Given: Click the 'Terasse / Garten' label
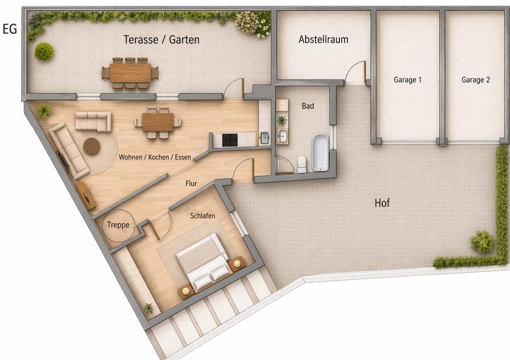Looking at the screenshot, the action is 161,40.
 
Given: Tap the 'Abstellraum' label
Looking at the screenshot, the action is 324,39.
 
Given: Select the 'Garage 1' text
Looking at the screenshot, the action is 407,80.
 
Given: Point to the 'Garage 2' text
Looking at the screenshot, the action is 475,80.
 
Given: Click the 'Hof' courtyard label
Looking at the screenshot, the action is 382,203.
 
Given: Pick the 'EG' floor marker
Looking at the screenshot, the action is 10,29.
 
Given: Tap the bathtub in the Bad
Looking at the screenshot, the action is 321,152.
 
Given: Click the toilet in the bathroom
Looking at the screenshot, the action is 302,164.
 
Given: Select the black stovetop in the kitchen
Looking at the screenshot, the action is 230,140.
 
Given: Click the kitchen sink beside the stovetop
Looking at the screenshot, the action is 264,138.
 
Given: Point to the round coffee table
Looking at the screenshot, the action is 92,146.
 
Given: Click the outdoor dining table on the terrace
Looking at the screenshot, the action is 131,73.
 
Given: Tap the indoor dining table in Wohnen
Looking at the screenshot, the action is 158,122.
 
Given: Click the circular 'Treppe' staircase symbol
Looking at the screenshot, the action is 118,225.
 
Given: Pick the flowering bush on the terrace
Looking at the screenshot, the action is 253,23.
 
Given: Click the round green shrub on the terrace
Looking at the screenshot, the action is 44,52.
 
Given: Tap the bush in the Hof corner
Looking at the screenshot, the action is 482,242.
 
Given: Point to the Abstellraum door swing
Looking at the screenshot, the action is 355,71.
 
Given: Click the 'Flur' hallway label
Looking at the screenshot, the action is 191,183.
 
